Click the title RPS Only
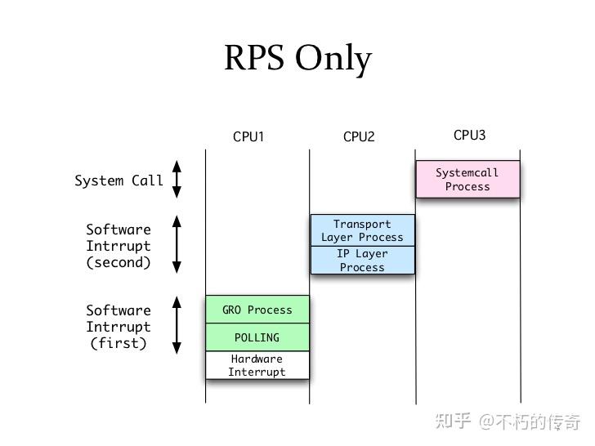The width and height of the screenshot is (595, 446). [297, 59]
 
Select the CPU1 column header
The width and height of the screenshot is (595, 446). [248, 136]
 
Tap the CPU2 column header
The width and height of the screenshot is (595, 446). [359, 136]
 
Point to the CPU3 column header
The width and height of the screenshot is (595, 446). [469, 135]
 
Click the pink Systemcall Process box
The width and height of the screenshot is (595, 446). [467, 180]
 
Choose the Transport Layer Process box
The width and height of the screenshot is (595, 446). [362, 230]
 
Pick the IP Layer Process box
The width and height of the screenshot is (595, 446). [362, 261]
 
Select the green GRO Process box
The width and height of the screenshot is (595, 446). [257, 310]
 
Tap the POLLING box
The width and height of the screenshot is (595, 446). [257, 337]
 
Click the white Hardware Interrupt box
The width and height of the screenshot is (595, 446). [257, 365]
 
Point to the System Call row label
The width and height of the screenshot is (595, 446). [119, 181]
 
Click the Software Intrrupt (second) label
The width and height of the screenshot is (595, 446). [119, 246]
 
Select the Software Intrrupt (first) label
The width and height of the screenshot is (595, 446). [119, 327]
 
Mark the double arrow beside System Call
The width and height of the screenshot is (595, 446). [177, 180]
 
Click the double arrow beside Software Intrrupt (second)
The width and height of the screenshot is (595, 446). [177, 244]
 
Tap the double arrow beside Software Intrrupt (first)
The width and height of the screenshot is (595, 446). [177, 325]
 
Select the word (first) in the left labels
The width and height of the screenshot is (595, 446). [119, 343]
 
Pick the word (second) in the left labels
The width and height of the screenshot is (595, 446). [119, 262]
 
